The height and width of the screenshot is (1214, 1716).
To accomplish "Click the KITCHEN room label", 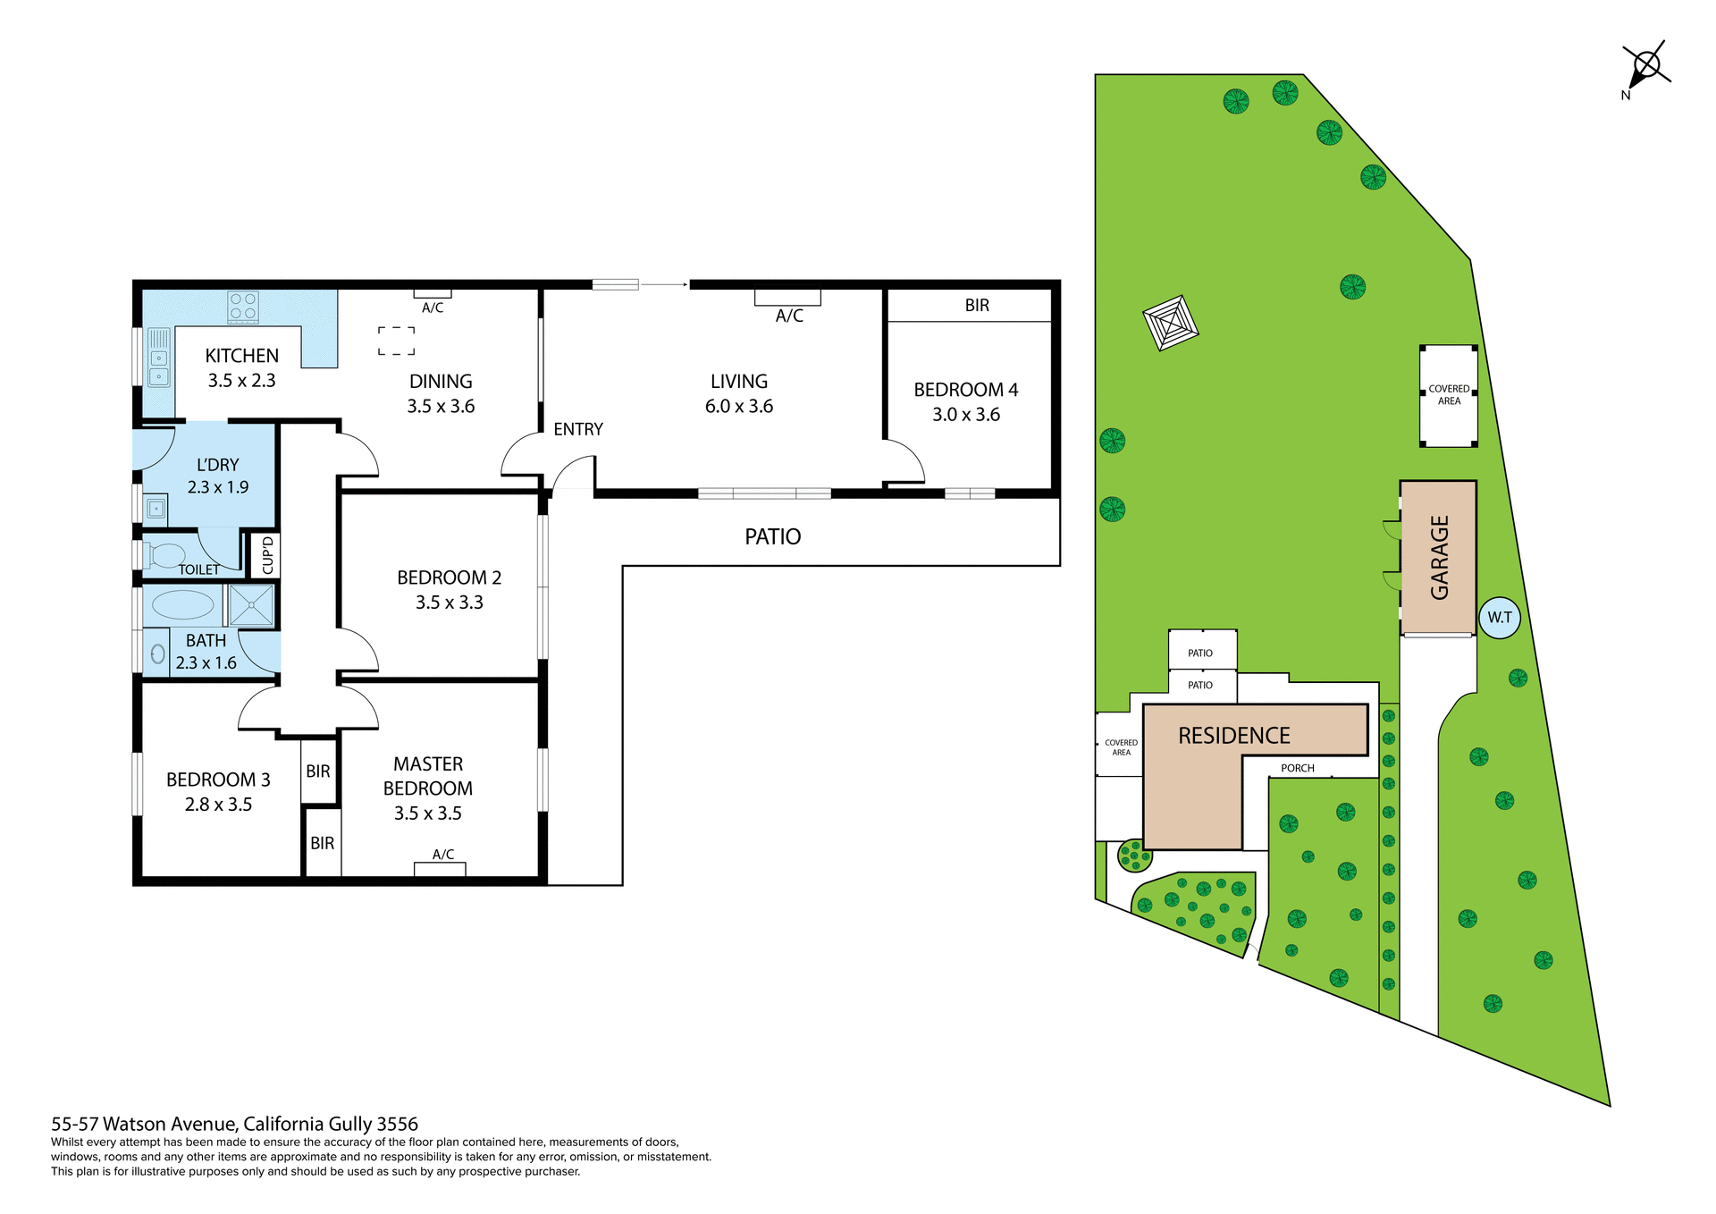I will point(241,356).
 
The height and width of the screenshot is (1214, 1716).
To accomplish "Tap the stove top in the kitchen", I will point(243,307).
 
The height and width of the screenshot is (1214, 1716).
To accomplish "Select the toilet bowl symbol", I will point(166,555).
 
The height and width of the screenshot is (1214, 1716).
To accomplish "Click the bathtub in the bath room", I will point(183,605).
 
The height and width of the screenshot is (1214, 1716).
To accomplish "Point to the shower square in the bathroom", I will point(251,605).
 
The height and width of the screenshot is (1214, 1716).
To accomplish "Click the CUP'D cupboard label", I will point(267,555).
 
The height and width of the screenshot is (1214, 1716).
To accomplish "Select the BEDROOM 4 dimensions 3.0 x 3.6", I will point(965,415).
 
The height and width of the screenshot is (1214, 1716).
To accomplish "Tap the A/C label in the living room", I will point(789,316).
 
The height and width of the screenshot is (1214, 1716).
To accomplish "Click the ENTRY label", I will point(577,429).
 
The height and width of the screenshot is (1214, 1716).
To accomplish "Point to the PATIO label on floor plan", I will point(772,536).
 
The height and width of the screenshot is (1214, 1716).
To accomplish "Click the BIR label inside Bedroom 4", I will point(977,306).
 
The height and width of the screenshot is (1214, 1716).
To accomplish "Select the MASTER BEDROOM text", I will point(427,776).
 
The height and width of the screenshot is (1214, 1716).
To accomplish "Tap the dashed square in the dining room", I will point(396,341).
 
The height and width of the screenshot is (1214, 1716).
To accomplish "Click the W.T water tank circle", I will point(1499,618).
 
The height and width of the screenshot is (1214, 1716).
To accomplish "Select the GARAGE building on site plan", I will point(1438,558).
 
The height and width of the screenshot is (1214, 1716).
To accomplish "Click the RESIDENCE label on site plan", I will point(1233,736).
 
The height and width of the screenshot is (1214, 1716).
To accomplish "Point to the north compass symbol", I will point(1645,66).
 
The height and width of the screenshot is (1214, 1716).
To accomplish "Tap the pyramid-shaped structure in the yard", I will point(1170,324).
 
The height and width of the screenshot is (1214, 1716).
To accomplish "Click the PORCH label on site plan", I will point(1297,768).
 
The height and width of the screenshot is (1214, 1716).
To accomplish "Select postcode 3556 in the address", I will point(397,1124).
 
